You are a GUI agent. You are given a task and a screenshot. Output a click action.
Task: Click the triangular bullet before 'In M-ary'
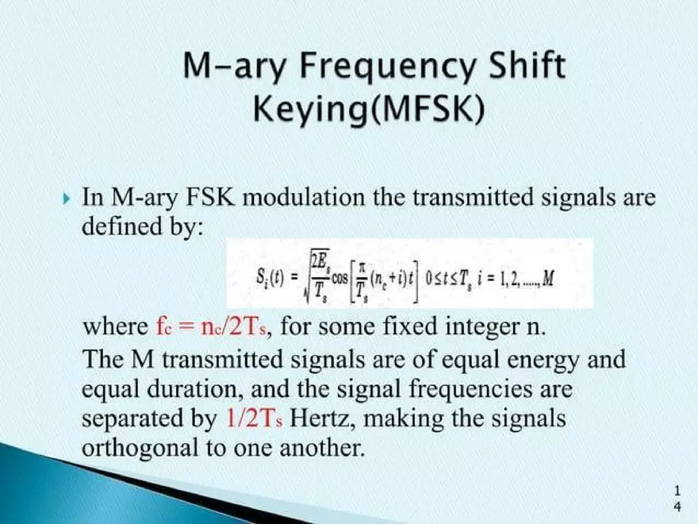(66, 197)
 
